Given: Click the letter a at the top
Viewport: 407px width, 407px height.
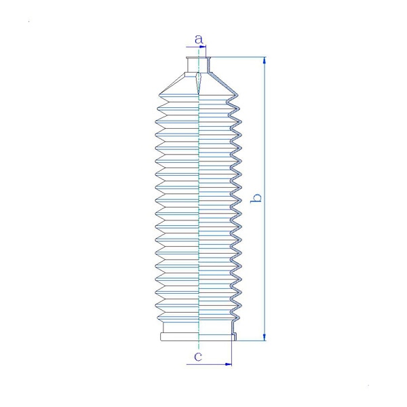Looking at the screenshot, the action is [x=199, y=39].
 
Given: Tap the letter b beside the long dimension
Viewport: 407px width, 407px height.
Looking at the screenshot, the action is [x=256, y=198].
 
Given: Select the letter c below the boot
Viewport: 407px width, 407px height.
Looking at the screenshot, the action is [x=198, y=357].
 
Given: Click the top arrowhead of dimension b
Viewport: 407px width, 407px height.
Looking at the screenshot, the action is [x=265, y=60].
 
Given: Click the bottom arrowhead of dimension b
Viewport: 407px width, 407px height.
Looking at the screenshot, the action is [x=265, y=337].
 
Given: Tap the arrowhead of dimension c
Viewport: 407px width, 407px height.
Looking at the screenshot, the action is [x=228, y=364].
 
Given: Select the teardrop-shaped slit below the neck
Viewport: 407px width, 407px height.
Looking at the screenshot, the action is [x=199, y=83].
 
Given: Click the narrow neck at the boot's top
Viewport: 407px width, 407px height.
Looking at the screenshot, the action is [x=199, y=64].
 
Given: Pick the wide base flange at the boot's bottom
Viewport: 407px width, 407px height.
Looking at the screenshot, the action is [x=199, y=337].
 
